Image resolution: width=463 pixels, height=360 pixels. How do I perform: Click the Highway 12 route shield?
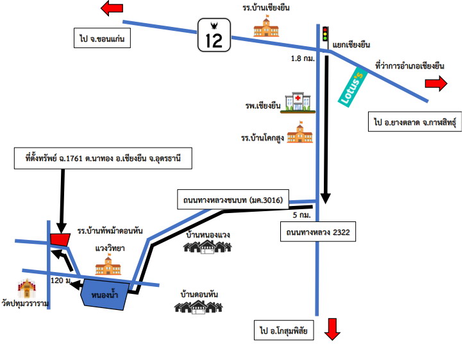pyautogui.click(x=214, y=35)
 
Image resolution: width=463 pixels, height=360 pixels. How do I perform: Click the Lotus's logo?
pyautogui.click(x=353, y=87)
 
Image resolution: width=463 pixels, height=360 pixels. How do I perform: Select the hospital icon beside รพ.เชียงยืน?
pyautogui.click(x=298, y=103)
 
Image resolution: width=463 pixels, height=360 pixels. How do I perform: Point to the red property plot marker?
pyautogui.click(x=60, y=240)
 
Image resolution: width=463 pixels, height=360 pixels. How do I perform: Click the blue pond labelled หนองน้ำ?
pyautogui.click(x=105, y=295)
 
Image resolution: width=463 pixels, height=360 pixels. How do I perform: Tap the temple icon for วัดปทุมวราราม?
pyautogui.click(x=27, y=288)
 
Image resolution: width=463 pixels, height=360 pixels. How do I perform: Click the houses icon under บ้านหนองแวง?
pyautogui.click(x=207, y=247)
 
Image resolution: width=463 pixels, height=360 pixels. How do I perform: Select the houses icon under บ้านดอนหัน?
pyautogui.click(x=198, y=307)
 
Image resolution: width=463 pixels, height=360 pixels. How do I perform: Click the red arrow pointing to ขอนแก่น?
pyautogui.click(x=112, y=8)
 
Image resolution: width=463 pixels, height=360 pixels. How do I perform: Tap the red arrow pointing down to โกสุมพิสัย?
pyautogui.click(x=332, y=329)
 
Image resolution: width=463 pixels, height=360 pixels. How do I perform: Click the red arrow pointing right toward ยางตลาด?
pyautogui.click(x=436, y=83)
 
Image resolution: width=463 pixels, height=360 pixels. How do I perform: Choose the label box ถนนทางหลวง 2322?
pyautogui.click(x=317, y=232)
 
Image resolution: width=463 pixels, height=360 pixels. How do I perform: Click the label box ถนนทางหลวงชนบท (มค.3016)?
pyautogui.click(x=233, y=200)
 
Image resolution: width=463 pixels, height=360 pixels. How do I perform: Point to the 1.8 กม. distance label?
pyautogui.click(x=303, y=58)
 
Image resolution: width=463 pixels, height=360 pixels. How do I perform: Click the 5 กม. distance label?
pyautogui.click(x=302, y=215)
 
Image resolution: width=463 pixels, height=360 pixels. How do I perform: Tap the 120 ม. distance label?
pyautogui.click(x=61, y=280)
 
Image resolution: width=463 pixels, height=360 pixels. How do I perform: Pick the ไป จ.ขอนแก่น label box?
pyautogui.click(x=102, y=38)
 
